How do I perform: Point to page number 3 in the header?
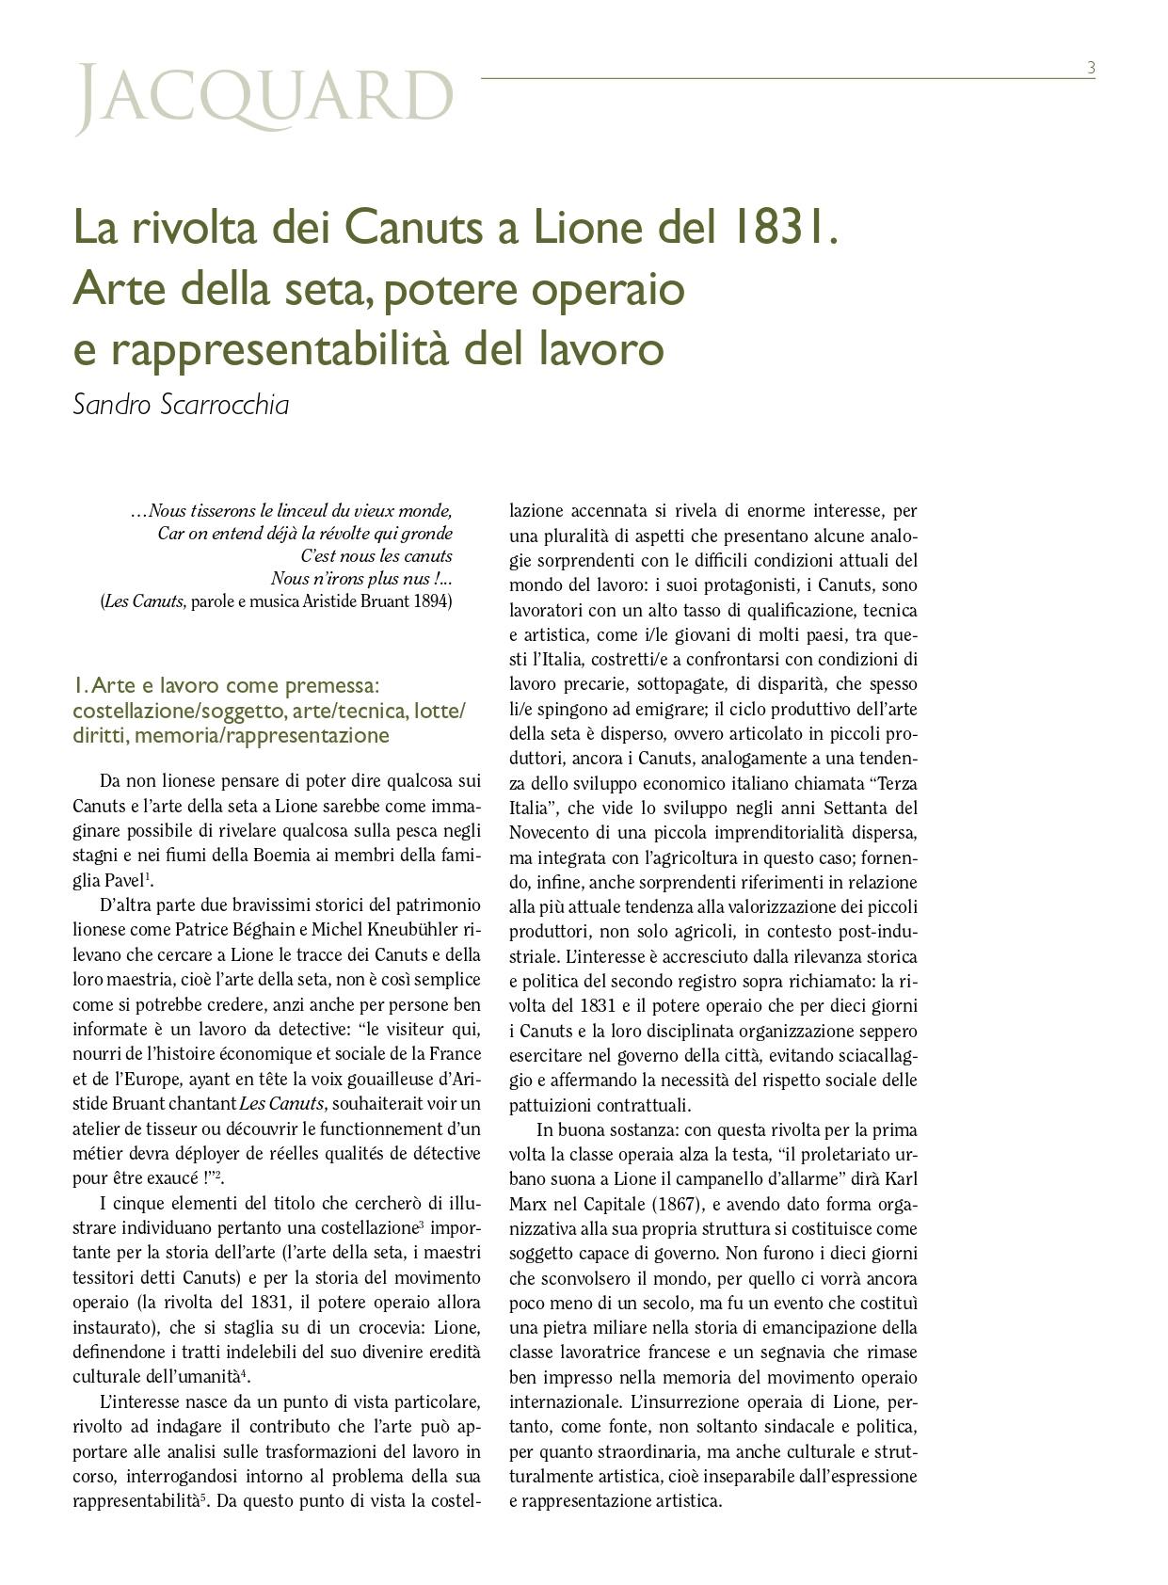pyautogui.click(x=1091, y=68)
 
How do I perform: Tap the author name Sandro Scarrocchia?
pyautogui.click(x=181, y=405)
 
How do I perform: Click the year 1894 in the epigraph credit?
pyautogui.click(x=433, y=600)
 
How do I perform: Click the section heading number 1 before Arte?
pyautogui.click(x=78, y=685)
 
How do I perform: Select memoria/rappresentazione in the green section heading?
pyautogui.click(x=262, y=735)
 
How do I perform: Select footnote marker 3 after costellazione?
pyautogui.click(x=420, y=1225)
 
